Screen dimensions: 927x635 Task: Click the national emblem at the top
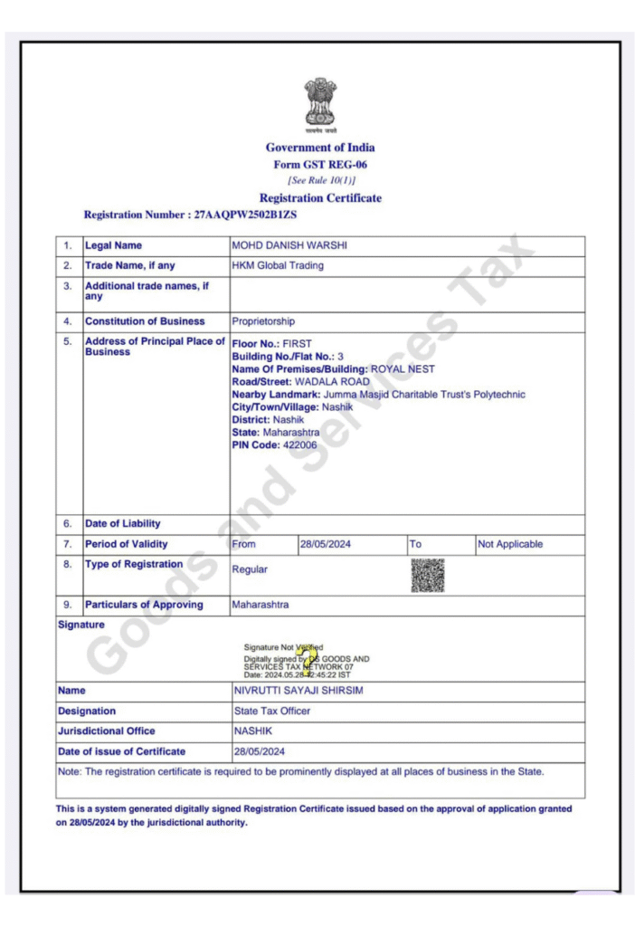pos(320,101)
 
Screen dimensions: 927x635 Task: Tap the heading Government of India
pos(320,148)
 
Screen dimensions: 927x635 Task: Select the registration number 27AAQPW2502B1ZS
pos(246,215)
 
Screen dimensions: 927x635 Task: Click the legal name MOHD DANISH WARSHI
pos(289,245)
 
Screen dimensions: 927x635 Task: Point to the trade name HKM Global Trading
pos(278,265)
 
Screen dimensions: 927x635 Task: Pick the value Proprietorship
pos(263,321)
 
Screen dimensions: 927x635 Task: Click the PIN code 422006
pos(299,445)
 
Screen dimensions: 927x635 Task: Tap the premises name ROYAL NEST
pos(403,369)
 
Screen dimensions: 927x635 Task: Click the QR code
pos(428,575)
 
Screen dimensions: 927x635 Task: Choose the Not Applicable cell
pos(510,544)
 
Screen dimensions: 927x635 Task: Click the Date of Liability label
pos(123,523)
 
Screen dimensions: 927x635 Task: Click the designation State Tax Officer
pos(271,711)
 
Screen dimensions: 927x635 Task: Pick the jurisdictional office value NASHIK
pos(252,731)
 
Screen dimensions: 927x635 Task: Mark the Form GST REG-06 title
pos(320,165)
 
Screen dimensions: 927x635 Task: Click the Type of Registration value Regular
pos(250,569)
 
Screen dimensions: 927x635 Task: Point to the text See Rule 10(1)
pos(320,181)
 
